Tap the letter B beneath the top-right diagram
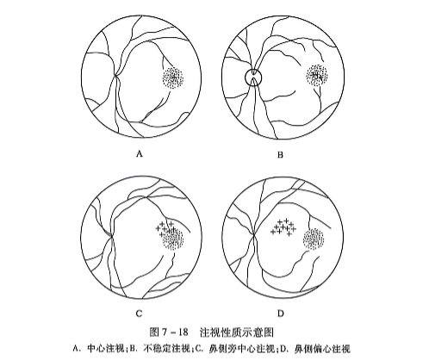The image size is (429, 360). [x=279, y=155]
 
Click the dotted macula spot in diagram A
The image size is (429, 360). [x=173, y=78]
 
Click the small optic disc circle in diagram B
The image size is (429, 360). [x=252, y=77]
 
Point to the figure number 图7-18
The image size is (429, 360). [x=167, y=330]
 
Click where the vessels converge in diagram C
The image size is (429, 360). [x=110, y=233]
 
